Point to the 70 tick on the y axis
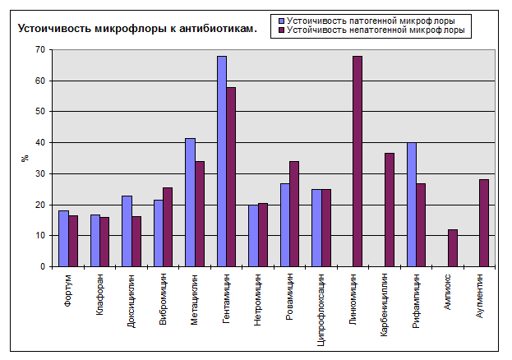point(40,50)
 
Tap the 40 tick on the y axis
point(40,142)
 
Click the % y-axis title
point(24,158)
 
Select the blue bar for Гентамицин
point(222,161)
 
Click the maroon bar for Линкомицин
point(357,161)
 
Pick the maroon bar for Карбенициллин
point(389,210)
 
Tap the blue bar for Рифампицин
point(412,205)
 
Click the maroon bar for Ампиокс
point(452,247)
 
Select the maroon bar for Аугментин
point(484,223)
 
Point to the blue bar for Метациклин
point(190,202)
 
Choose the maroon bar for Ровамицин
point(294,214)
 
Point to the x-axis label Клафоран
point(99,295)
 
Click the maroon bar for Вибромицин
point(168,227)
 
